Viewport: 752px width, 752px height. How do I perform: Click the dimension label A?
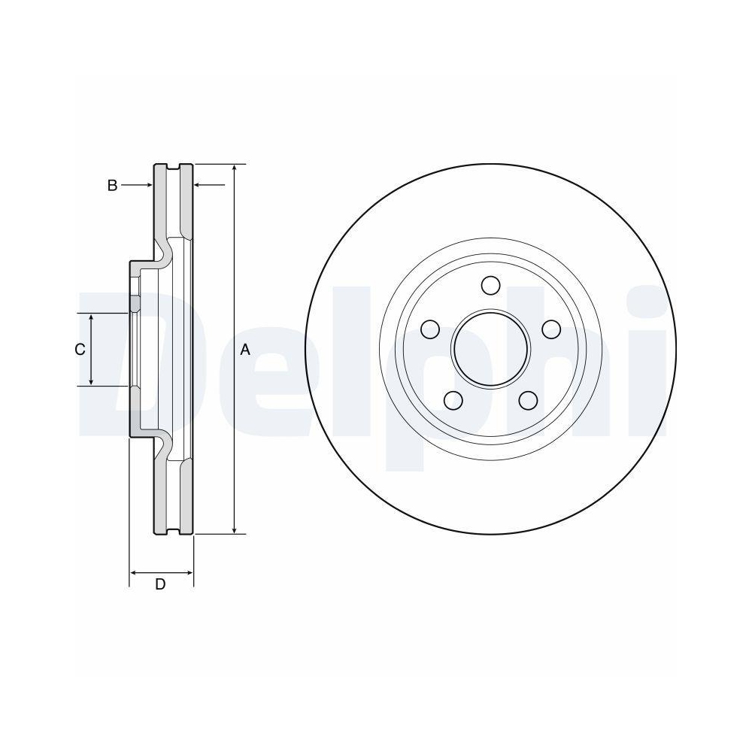pyautogui.click(x=244, y=350)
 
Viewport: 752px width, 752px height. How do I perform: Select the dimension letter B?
pyautogui.click(x=112, y=185)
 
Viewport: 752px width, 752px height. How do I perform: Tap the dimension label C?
pyautogui.click(x=79, y=350)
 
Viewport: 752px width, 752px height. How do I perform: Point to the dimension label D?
pyautogui.click(x=160, y=585)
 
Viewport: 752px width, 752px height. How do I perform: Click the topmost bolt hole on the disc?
pyautogui.click(x=491, y=286)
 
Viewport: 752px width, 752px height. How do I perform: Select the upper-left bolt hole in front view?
pyautogui.click(x=430, y=329)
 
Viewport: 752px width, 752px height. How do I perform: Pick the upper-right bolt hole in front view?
pyautogui.click(x=552, y=329)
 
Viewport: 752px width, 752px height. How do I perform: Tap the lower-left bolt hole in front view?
pyautogui.click(x=453, y=400)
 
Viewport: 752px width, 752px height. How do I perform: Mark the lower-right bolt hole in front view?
pyautogui.click(x=529, y=400)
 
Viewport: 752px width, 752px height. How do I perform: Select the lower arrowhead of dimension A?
pyautogui.click(x=235, y=529)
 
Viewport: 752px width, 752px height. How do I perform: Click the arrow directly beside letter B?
pyautogui.click(x=147, y=184)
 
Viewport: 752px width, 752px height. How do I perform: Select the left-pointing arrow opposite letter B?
pyautogui.click(x=199, y=184)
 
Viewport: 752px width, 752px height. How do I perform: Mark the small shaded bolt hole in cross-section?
pyautogui.click(x=135, y=303)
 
